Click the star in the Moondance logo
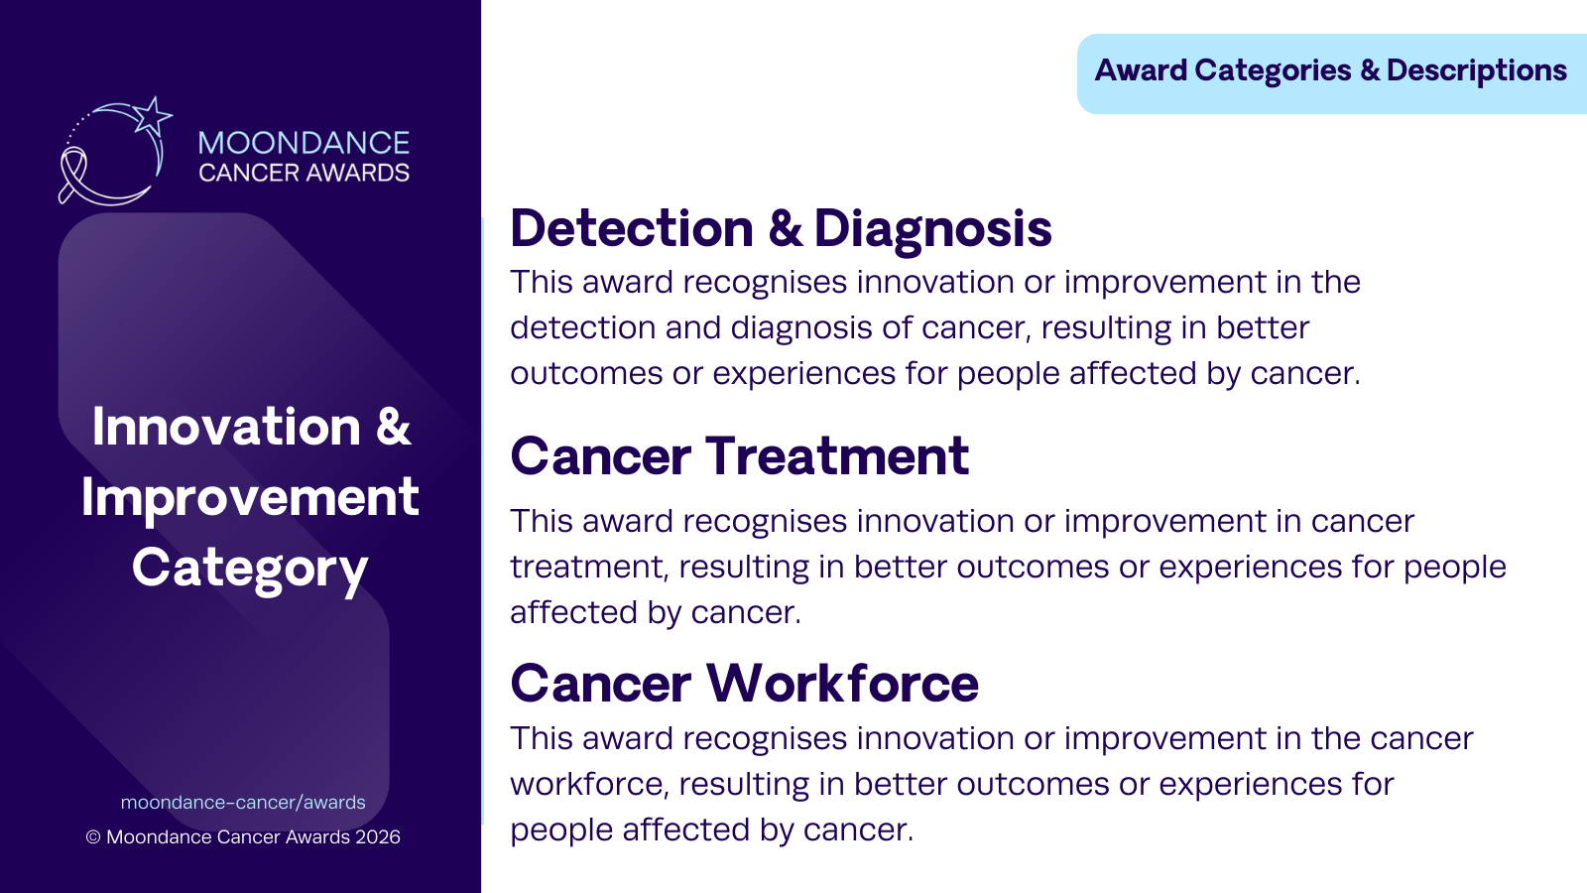click(153, 116)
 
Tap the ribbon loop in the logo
click(71, 173)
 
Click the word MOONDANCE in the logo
click(304, 143)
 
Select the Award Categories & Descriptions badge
click(1331, 73)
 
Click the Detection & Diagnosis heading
click(781, 229)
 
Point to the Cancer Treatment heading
click(740, 455)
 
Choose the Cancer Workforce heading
click(745, 684)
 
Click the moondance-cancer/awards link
click(243, 803)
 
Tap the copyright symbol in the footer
click(93, 837)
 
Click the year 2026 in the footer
click(378, 837)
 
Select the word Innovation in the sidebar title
click(227, 427)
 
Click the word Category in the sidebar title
click(250, 570)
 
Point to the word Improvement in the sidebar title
click(250, 497)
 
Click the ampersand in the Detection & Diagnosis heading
click(785, 228)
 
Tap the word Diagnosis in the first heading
click(933, 229)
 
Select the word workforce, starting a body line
click(589, 784)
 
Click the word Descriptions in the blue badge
click(1477, 70)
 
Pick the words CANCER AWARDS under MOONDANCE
click(304, 173)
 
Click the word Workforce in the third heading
click(842, 684)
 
